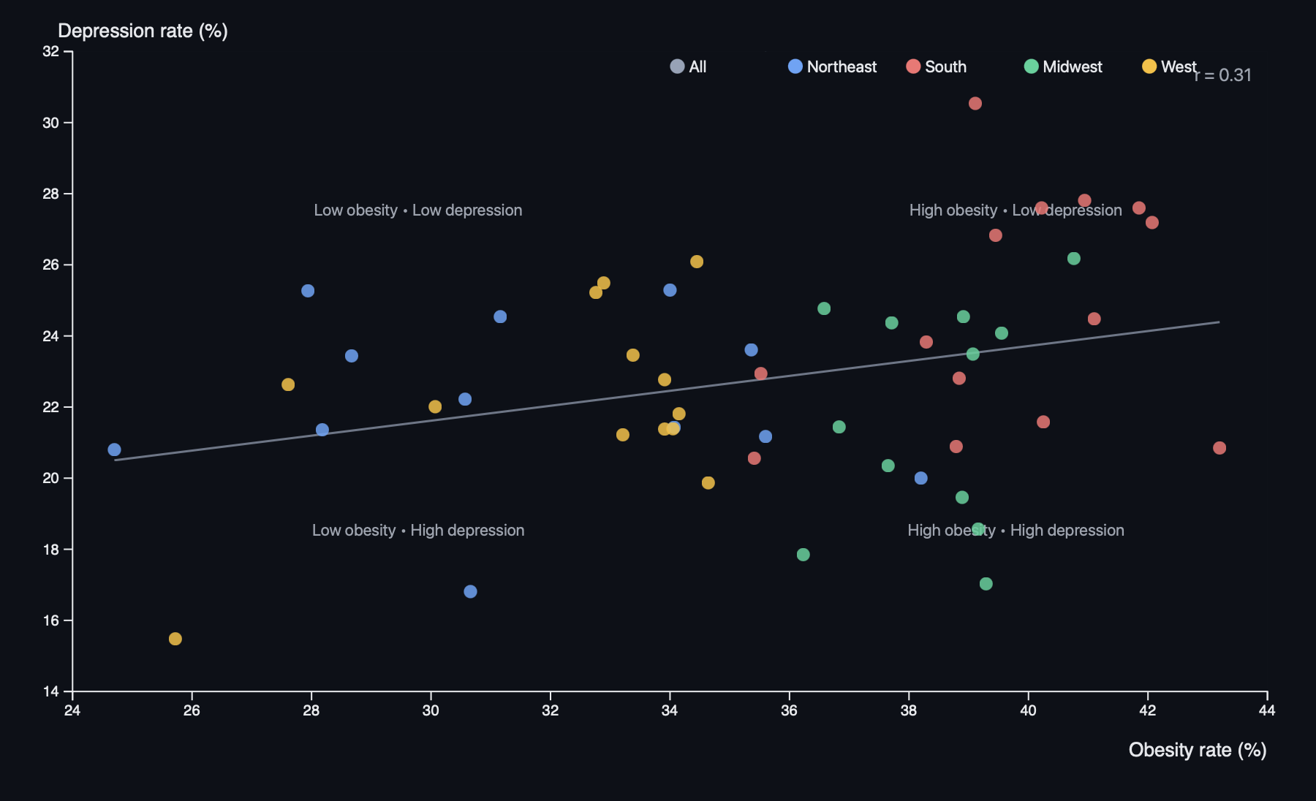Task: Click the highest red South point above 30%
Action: (x=975, y=104)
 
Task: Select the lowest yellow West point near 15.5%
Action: (x=175, y=639)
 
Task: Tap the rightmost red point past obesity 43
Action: (x=1219, y=448)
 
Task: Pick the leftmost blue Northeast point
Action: (x=114, y=449)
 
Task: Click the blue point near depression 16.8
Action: (x=470, y=591)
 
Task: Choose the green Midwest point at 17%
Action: (x=986, y=584)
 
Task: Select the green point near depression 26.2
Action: (x=1073, y=259)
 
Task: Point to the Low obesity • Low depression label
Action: (x=417, y=210)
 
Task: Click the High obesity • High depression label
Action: (x=1016, y=531)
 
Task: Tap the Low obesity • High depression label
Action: (x=417, y=531)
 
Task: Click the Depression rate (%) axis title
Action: (x=143, y=31)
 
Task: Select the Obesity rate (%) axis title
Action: (x=1197, y=750)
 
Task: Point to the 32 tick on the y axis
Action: (x=51, y=51)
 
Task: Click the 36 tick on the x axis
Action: (x=789, y=710)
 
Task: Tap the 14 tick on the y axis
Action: (x=51, y=691)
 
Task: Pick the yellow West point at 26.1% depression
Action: (x=696, y=262)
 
